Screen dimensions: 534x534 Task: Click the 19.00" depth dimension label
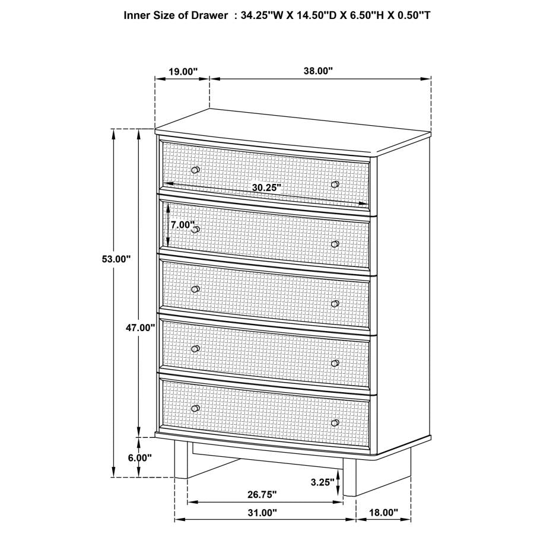pos(182,71)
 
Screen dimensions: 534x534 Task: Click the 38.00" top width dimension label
pos(318,71)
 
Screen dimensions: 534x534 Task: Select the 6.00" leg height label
pos(140,457)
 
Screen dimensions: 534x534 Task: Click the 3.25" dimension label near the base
pos(323,482)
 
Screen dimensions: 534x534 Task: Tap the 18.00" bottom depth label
pos(383,512)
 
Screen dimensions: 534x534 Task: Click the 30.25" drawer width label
pos(266,187)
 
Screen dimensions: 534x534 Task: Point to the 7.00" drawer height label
pos(182,225)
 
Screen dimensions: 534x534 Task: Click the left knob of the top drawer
pos(196,170)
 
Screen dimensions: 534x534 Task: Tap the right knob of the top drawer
pos(335,185)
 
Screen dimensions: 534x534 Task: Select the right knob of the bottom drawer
pos(335,422)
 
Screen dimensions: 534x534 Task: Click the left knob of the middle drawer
pos(196,289)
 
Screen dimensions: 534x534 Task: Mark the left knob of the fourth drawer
pos(196,348)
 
